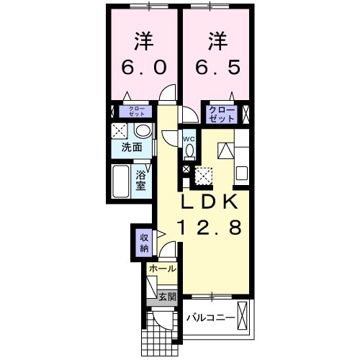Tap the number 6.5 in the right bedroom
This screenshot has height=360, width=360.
216,67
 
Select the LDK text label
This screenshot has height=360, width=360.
209,202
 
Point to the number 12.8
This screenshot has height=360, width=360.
209,228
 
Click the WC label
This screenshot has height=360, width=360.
189,138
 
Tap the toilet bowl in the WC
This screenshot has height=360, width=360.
189,151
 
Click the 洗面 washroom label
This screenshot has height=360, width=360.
131,148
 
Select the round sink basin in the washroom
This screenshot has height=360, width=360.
143,131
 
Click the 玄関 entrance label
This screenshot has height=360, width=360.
166,297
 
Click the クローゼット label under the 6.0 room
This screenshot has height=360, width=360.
137,112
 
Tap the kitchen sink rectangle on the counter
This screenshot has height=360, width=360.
241,174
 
